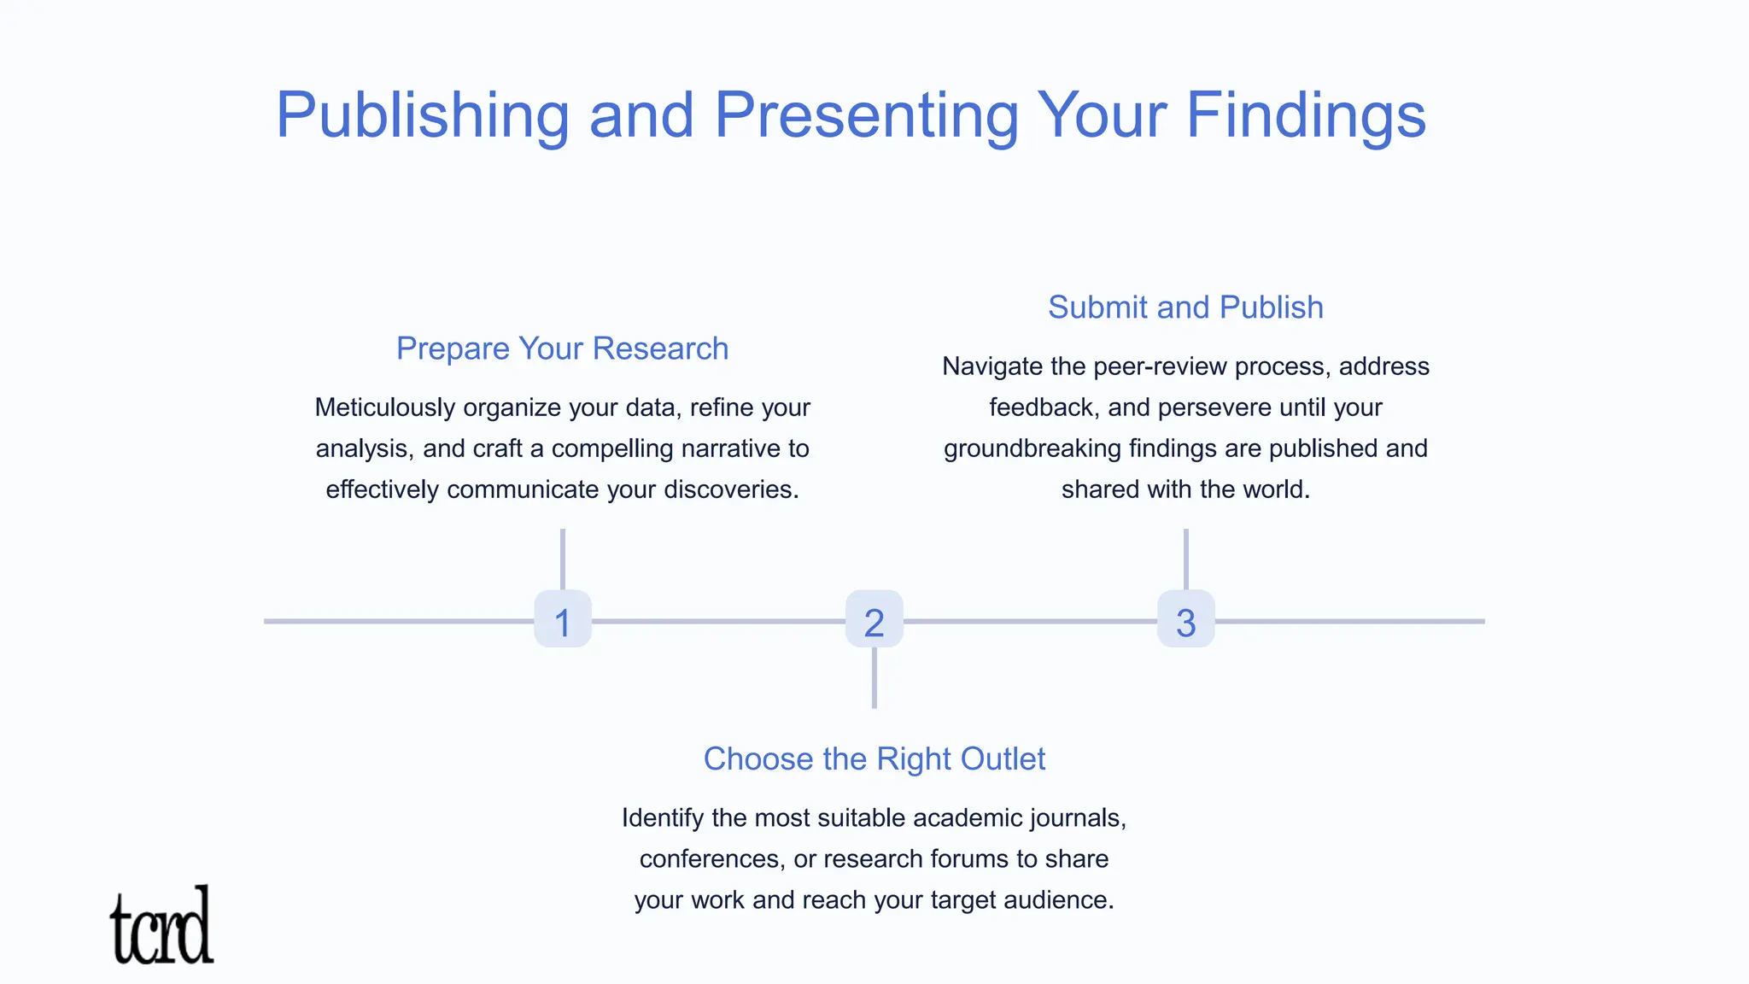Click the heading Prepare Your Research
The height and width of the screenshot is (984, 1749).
tap(562, 348)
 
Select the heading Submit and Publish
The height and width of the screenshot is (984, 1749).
tap(1185, 307)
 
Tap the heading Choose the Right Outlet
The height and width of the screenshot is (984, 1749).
tap(874, 758)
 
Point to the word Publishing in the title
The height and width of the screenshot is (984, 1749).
tap(422, 115)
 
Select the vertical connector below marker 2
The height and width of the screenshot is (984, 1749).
tap(874, 678)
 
